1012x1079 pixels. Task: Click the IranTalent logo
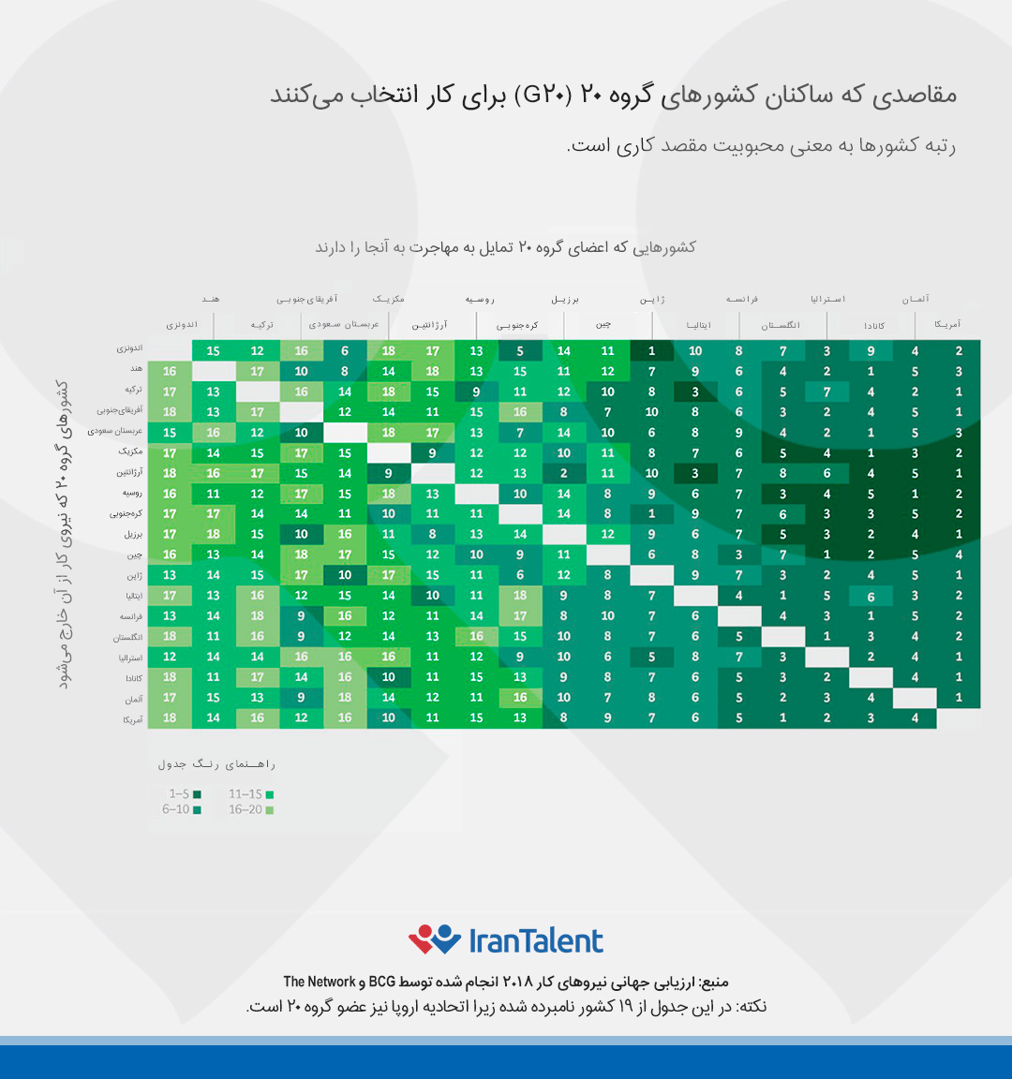[506, 939]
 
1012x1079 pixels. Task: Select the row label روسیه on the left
[132, 493]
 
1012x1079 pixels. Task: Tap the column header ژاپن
[652, 300]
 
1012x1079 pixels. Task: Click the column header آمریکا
[946, 325]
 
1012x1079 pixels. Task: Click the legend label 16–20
[246, 810]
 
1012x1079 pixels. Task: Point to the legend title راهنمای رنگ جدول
[216, 764]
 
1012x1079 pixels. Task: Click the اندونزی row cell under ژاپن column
[651, 351]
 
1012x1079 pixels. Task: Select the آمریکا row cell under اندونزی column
[170, 718]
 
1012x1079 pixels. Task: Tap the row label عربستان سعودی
[115, 432]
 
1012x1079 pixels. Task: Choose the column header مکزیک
[389, 300]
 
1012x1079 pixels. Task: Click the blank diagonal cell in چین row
[607, 554]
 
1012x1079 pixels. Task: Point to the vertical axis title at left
[63, 534]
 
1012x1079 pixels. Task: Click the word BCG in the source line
[381, 982]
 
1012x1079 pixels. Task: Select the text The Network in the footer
[320, 982]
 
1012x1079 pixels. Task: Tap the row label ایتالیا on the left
[134, 596]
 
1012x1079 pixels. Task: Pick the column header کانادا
[874, 326]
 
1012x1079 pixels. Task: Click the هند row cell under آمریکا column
[959, 372]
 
